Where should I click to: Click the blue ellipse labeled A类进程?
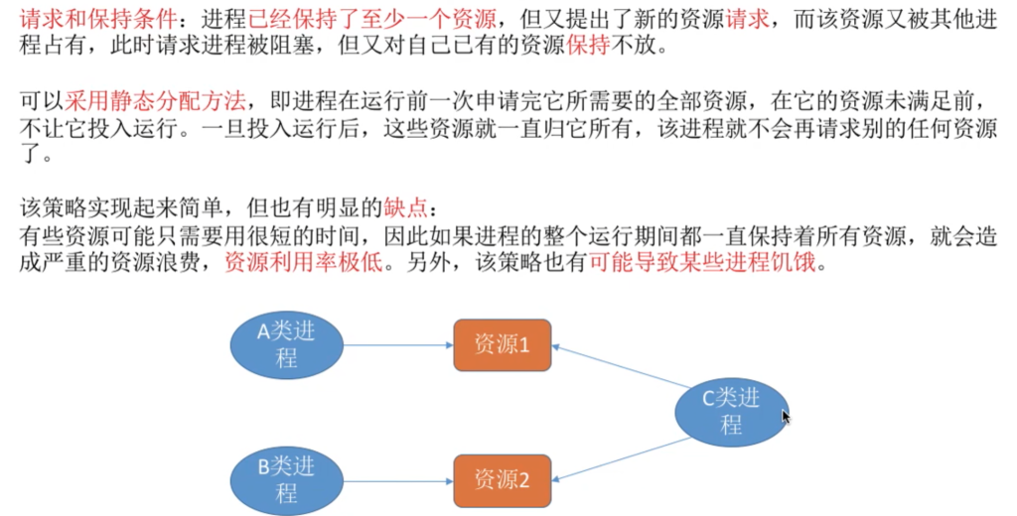point(287,345)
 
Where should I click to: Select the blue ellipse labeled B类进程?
point(287,480)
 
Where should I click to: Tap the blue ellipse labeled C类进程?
point(732,412)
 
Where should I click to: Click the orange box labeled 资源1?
point(502,345)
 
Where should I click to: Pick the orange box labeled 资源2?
point(502,481)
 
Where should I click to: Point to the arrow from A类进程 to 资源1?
point(398,345)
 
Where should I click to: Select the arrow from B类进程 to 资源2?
point(398,481)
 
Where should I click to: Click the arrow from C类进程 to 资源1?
point(621,367)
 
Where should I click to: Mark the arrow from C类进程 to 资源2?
point(621,459)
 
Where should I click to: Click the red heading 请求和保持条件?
point(98,20)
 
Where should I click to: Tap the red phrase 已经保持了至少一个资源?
point(372,20)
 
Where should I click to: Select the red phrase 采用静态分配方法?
point(155,100)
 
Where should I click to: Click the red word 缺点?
point(406,207)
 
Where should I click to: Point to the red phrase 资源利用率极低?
point(304,263)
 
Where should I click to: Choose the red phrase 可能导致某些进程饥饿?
point(702,263)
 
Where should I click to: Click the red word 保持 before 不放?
point(588,46)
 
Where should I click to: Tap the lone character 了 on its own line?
point(30,155)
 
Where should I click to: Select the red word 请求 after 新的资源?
point(747,20)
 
